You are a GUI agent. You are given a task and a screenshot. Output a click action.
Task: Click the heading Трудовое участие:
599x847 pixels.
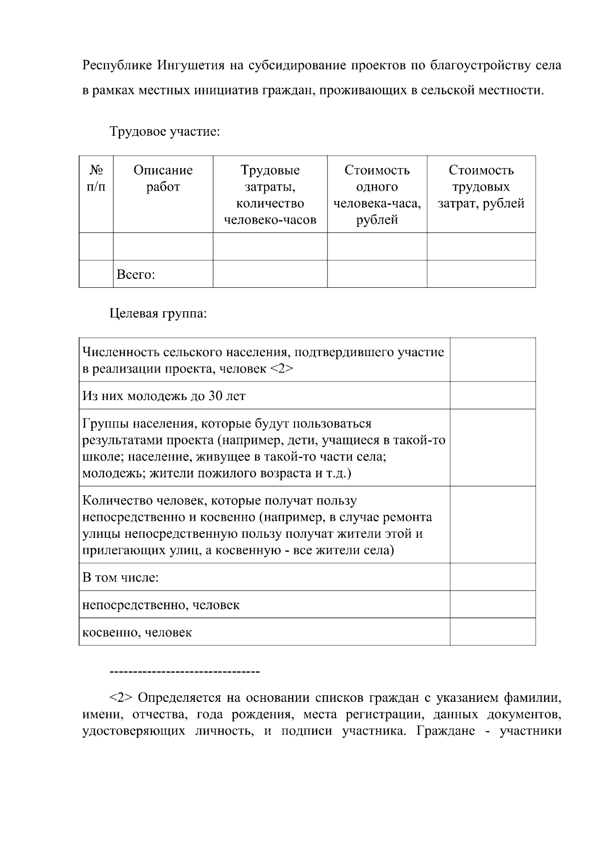point(164,132)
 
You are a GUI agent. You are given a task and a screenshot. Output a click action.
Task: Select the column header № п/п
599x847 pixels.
point(96,179)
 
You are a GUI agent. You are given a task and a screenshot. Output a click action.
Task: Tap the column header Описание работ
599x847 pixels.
point(163,179)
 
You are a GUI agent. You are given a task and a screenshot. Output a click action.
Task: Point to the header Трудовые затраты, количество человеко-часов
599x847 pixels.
point(270,195)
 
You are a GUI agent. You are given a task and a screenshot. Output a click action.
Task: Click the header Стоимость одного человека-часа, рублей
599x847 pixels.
point(377,195)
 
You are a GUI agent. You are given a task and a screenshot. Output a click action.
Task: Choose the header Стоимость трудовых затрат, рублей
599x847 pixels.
point(481,187)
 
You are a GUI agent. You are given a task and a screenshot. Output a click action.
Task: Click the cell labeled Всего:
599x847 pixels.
point(135,274)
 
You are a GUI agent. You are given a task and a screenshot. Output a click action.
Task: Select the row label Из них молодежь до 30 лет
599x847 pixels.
point(164,396)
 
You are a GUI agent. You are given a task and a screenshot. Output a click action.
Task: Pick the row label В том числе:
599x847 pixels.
point(120,578)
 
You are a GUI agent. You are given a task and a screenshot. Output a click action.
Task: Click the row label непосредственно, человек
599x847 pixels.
point(161,605)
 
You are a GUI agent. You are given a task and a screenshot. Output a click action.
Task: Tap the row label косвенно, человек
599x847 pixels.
point(137,633)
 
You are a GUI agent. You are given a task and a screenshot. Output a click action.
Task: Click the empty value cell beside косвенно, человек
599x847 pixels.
point(492,632)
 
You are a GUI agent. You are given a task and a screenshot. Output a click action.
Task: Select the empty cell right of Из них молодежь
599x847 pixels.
point(492,396)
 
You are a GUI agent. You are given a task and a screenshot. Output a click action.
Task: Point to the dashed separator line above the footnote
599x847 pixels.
point(184,672)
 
